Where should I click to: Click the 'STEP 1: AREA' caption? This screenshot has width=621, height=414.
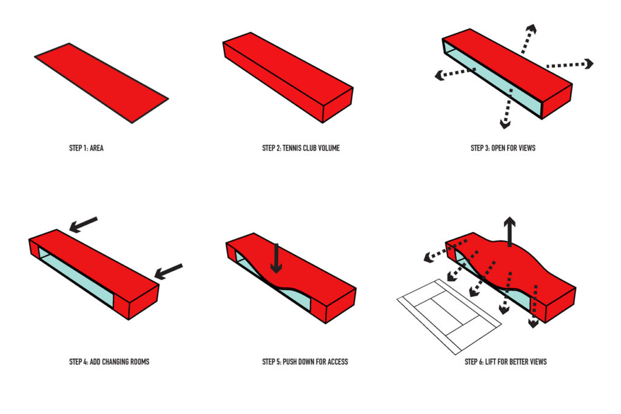86,148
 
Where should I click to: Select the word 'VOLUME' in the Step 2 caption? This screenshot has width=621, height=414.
327,148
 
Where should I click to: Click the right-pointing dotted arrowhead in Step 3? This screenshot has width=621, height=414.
588,63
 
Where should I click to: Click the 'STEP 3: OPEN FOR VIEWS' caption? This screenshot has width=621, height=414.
503,148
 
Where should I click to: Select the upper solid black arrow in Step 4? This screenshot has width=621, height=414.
83,225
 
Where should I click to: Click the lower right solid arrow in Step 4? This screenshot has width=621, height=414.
169,271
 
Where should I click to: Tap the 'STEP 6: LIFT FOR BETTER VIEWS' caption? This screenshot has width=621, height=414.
505,362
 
